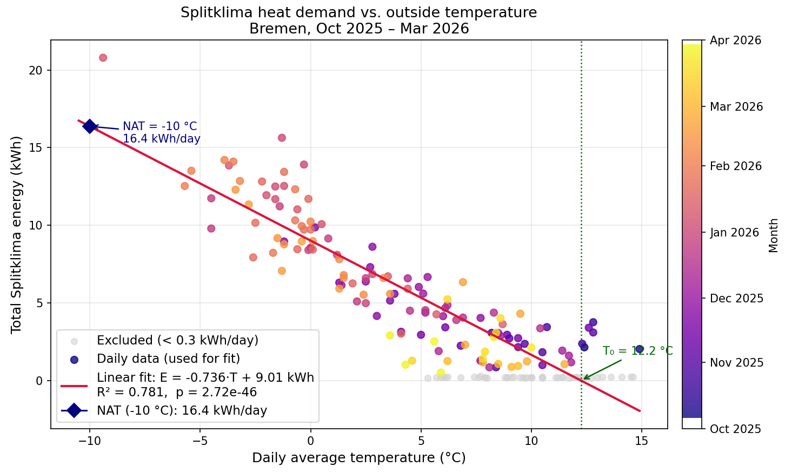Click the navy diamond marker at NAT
(x=90, y=126)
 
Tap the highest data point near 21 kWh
(x=103, y=58)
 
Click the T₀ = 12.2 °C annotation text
(x=638, y=351)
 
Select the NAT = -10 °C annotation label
(x=160, y=126)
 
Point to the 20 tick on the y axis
(x=36, y=70)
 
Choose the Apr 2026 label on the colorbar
(x=736, y=40)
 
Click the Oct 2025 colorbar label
(x=736, y=429)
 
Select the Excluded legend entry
(x=177, y=341)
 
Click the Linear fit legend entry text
(x=205, y=377)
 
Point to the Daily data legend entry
(x=168, y=359)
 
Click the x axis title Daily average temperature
(x=358, y=458)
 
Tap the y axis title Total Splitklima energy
(x=17, y=234)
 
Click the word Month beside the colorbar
(x=774, y=235)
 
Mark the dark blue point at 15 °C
(x=640, y=349)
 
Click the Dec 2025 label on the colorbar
(x=736, y=299)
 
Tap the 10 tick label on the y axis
(x=36, y=226)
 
